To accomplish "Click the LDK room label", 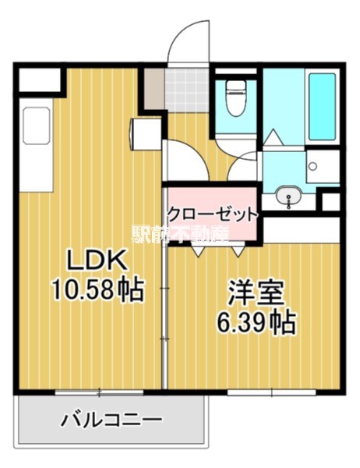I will tap(95, 259).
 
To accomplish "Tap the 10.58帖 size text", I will tap(97, 290).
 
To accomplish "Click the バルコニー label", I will tap(112, 420).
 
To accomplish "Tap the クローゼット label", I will tap(210, 213).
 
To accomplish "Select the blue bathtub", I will tap(322, 106).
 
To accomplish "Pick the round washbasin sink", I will tap(288, 196).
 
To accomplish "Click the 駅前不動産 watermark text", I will tap(180, 233).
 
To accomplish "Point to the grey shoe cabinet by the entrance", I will tap(153, 88).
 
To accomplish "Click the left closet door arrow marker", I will tap(196, 251).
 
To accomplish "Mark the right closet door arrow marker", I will tap(238, 251).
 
